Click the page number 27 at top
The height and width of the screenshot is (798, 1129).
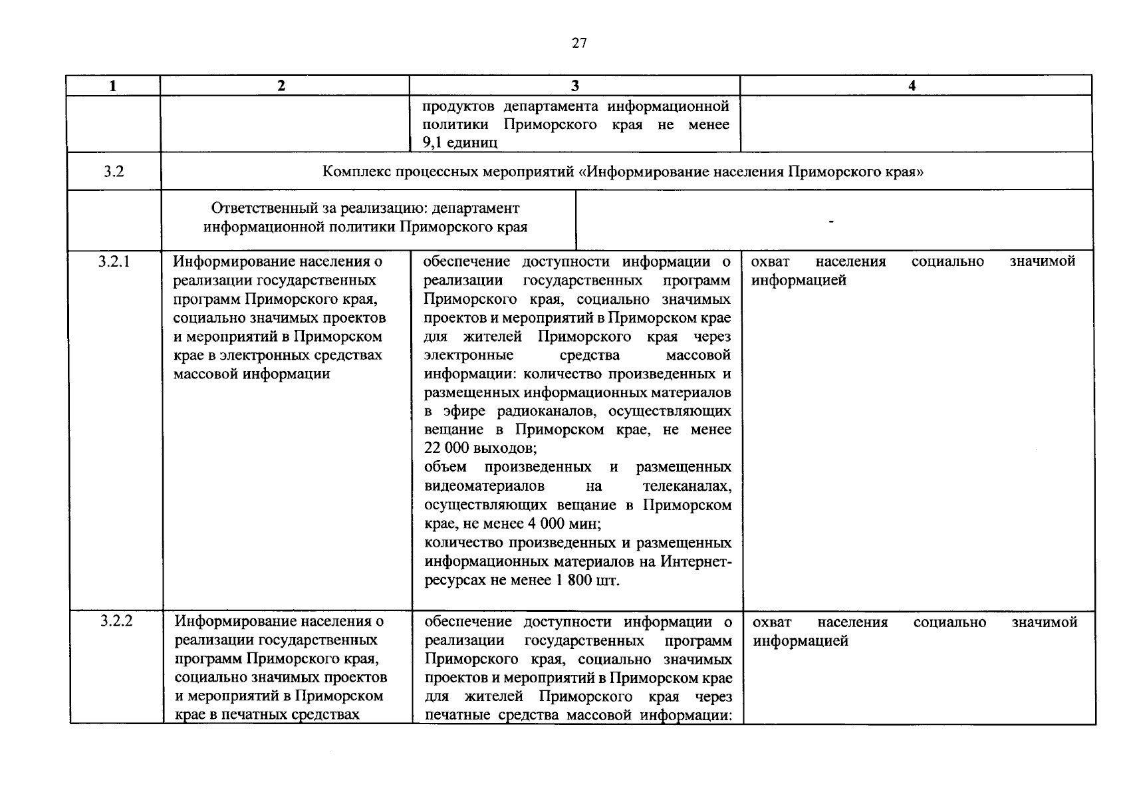pos(579,44)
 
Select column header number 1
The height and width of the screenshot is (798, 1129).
pos(113,86)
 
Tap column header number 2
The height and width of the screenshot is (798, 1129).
pos(282,86)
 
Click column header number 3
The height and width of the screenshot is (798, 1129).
pos(574,86)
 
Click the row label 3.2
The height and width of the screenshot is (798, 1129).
pos(114,172)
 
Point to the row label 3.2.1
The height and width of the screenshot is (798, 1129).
pos(114,261)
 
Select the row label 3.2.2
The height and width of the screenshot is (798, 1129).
pos(116,622)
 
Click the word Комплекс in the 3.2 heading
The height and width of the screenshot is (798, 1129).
pos(351,172)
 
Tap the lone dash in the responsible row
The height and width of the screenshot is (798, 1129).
pos(830,221)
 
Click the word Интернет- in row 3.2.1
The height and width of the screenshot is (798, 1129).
pos(695,562)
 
